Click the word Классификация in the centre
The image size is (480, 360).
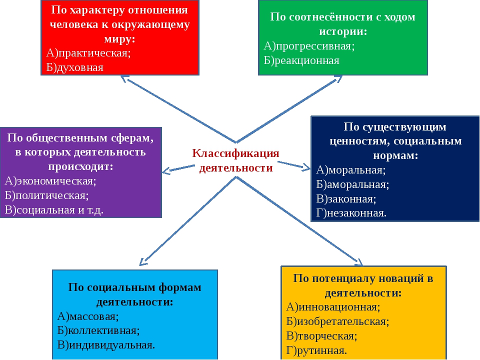point(235,153)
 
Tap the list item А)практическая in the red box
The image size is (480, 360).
point(88,53)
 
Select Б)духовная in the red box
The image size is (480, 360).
point(75,67)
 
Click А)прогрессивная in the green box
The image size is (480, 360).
point(309,46)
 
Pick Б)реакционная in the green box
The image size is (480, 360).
point(301,60)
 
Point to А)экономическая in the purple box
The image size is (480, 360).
point(50,181)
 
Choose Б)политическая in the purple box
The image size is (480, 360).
point(47,195)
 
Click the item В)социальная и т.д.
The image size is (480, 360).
point(54,210)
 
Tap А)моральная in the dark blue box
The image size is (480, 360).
point(351,170)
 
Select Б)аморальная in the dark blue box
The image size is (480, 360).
point(352,184)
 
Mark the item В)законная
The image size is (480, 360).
point(346,199)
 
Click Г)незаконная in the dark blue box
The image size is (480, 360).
point(351,213)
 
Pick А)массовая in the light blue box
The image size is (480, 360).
point(88,316)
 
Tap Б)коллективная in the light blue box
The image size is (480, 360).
point(98,330)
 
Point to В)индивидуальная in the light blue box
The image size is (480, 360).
point(106,345)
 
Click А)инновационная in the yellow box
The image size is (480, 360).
point(333,307)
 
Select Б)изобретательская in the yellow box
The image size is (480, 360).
point(337,321)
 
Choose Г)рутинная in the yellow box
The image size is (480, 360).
point(316,350)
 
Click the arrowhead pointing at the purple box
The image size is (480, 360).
point(165,171)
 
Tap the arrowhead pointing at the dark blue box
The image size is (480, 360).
point(306,167)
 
